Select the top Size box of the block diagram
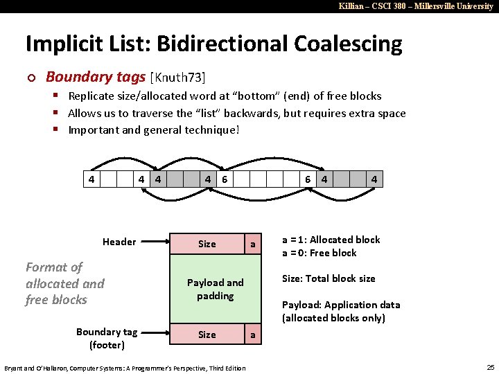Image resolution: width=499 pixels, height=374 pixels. tap(207, 244)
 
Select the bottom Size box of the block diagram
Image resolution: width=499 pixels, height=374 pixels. tap(207, 335)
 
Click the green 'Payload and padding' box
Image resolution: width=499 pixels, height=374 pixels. tap(216, 289)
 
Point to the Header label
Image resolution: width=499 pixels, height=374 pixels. tap(119, 242)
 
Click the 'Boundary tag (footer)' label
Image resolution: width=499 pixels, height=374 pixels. tap(107, 338)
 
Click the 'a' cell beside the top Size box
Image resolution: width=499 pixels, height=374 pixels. tap(253, 244)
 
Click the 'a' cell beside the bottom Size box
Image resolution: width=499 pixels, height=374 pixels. tap(253, 335)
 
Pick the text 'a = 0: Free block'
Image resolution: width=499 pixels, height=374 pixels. tap(319, 253)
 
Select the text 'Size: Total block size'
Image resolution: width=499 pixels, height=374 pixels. tap(329, 278)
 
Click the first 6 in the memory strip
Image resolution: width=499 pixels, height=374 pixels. tap(225, 179)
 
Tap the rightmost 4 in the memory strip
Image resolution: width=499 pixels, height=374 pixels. tap(374, 179)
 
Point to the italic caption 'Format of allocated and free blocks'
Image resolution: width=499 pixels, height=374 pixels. tap(64, 283)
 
